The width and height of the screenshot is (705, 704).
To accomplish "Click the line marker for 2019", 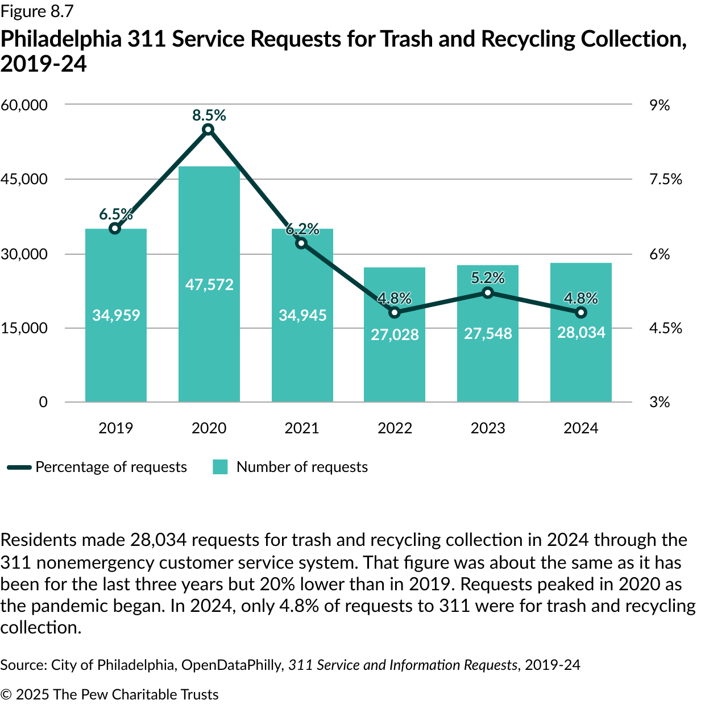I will pyautogui.click(x=115, y=229).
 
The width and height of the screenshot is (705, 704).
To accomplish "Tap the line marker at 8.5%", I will pyautogui.click(x=208, y=130).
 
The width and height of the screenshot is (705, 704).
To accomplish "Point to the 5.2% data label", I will pyautogui.click(x=488, y=278).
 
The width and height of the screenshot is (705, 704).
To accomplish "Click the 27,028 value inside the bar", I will pyautogui.click(x=395, y=334).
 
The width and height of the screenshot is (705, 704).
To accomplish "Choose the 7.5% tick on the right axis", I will pyautogui.click(x=665, y=180).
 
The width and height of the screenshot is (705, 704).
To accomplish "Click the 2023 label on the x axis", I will pyautogui.click(x=488, y=428).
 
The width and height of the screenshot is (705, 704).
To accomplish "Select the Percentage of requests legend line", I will pyautogui.click(x=19, y=467).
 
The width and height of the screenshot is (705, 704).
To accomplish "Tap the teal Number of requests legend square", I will pyautogui.click(x=220, y=467).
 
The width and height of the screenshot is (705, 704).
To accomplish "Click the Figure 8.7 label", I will pyautogui.click(x=37, y=11).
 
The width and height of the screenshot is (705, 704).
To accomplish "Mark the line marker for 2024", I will pyautogui.click(x=580, y=313).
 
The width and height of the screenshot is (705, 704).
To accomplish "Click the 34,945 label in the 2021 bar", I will pyautogui.click(x=302, y=315).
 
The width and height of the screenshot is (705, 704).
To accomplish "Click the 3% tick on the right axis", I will pyautogui.click(x=660, y=403).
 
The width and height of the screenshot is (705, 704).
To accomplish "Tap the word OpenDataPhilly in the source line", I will pyautogui.click(x=232, y=665).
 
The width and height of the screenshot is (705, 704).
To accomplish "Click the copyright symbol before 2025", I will pyautogui.click(x=6, y=695).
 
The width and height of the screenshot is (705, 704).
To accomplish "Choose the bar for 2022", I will pyautogui.click(x=395, y=364).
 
